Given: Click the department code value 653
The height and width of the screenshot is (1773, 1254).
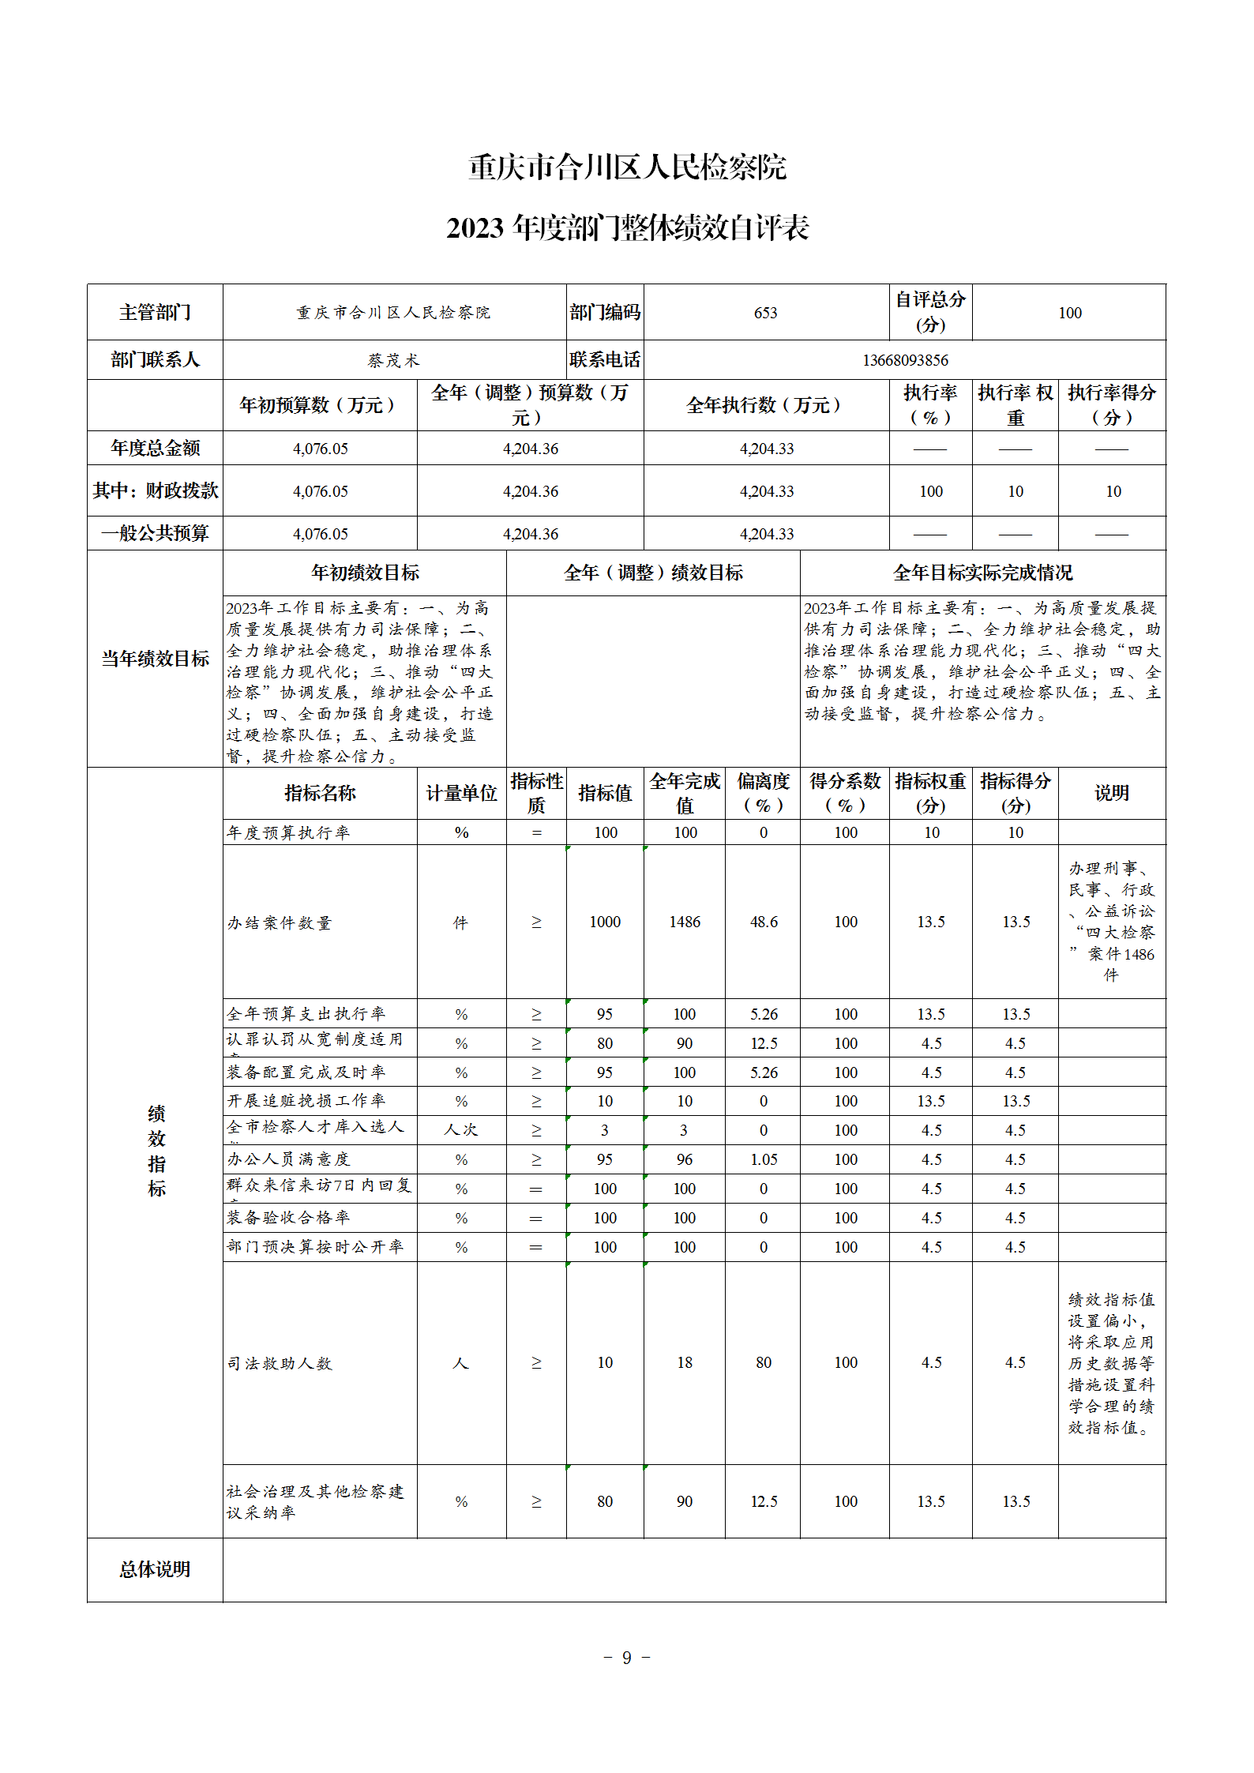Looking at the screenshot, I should coord(765,313).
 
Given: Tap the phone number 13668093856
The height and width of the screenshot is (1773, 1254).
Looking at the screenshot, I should coord(905,360).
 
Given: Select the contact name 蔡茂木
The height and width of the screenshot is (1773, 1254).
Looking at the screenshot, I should coord(393,360).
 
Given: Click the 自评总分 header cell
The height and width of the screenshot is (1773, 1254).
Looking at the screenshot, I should coord(930,312).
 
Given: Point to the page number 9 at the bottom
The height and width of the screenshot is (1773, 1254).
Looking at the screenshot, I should coord(626,1658).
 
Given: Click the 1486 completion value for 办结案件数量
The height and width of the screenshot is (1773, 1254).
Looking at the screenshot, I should coord(685,922).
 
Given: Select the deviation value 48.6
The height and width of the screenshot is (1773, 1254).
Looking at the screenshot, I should coord(764,922).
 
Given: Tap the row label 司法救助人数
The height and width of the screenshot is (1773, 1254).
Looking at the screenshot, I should coord(280,1363).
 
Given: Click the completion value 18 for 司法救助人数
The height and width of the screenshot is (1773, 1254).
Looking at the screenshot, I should coord(685,1362).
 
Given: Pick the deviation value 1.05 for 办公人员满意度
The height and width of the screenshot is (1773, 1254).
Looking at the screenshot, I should coord(764,1159).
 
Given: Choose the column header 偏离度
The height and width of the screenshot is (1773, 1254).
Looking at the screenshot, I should coord(763,793).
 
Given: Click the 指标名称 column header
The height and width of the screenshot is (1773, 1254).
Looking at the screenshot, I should coord(320,793).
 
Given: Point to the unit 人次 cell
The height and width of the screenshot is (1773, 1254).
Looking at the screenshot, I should coord(461,1130).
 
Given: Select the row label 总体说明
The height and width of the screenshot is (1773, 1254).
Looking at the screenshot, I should coord(155,1569).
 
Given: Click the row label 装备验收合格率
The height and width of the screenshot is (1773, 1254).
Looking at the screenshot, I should coord(288,1218).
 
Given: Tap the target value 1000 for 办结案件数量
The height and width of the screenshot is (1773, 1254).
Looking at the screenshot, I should coord(605,922).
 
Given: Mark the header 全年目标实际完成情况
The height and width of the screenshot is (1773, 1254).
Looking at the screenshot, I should coord(982,573).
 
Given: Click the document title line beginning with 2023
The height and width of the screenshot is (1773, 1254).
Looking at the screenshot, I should coord(628,228).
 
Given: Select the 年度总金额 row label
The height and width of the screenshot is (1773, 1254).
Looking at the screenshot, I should coord(156,448).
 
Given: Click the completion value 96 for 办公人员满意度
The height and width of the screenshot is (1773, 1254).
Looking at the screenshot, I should coord(685,1159).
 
